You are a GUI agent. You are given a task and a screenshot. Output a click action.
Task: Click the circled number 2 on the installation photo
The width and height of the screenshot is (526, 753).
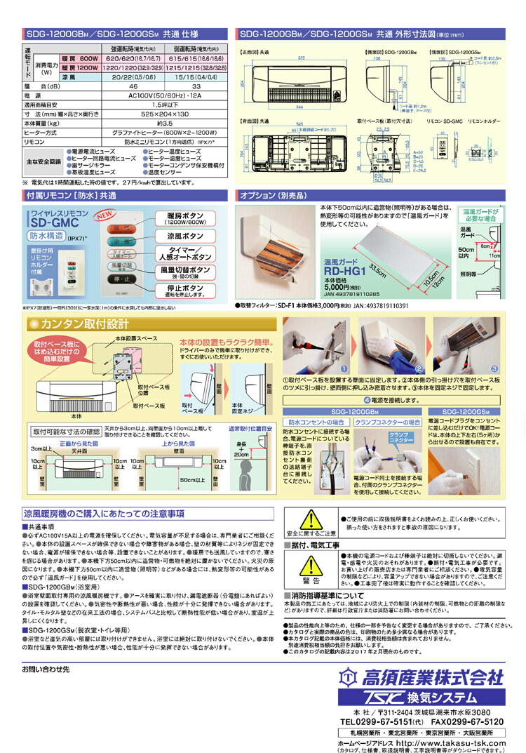point(417,368)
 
